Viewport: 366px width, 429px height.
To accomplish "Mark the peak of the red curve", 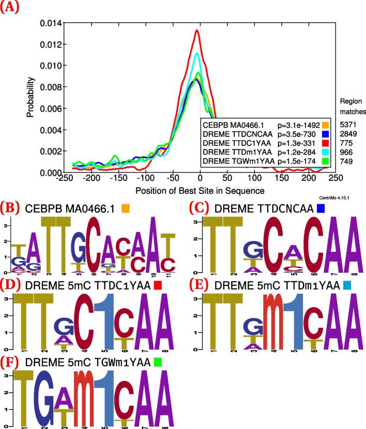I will (197, 30).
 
